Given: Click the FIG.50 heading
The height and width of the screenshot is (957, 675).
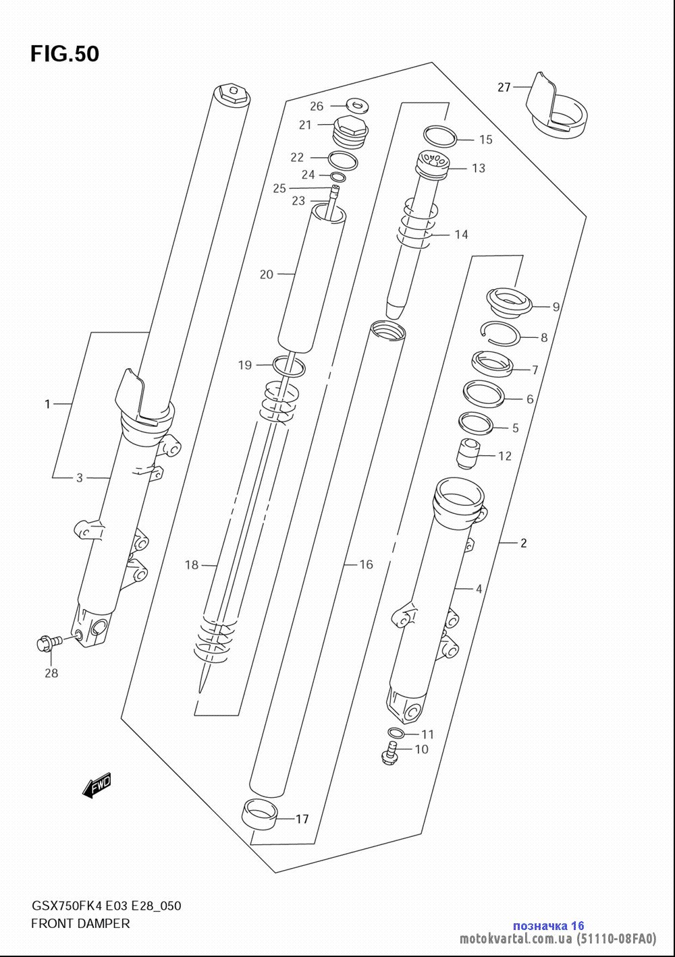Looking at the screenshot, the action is point(65,54).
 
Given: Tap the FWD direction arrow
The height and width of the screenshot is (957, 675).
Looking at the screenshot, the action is point(97,784).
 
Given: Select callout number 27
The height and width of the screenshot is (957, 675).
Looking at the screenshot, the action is point(504,87).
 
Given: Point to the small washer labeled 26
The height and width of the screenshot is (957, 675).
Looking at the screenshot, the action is point(357,105).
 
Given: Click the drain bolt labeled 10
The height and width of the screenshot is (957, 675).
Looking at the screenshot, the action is point(389,753).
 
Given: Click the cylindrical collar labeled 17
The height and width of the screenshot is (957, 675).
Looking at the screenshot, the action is point(259,814).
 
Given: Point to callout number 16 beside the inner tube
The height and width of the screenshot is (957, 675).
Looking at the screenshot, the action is point(366,564).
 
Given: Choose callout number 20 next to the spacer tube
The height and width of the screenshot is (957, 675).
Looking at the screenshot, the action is point(267,274).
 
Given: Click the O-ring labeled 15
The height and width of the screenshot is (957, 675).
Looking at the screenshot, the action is point(440,136).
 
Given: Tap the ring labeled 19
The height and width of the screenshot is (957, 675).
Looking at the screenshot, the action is point(289,366).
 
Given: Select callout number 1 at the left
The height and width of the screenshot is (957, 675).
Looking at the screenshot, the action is point(47,404).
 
